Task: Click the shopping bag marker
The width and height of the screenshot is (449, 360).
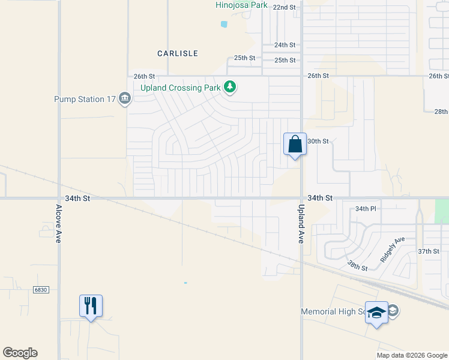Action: tap(295, 145)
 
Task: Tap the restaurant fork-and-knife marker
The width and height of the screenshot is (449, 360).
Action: tap(91, 306)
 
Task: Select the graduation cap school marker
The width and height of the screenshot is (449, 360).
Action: tap(377, 313)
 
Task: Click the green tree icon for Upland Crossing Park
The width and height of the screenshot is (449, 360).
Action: tap(229, 88)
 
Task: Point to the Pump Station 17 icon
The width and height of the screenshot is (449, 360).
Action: tap(125, 98)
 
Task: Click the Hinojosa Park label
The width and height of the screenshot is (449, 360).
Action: tap(242, 5)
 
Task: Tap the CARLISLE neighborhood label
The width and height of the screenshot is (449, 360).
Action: tap(178, 53)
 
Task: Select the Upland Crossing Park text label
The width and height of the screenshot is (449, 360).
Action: tap(180, 88)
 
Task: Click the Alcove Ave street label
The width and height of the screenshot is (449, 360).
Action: tap(58, 223)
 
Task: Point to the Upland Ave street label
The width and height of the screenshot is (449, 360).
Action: tap(301, 223)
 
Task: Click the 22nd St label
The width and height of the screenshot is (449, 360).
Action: tap(285, 7)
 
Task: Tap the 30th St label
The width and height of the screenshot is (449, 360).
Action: tap(318, 141)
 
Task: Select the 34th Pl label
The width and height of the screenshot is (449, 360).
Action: tap(365, 209)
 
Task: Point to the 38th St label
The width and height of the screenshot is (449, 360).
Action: tap(357, 264)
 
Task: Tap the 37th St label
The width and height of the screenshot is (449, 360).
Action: tap(429, 251)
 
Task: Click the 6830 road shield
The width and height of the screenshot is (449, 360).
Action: tap(40, 289)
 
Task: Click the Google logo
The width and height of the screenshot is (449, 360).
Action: tap(20, 353)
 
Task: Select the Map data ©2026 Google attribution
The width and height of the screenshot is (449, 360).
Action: tap(411, 355)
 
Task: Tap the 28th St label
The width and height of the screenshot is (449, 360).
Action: tap(441, 112)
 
